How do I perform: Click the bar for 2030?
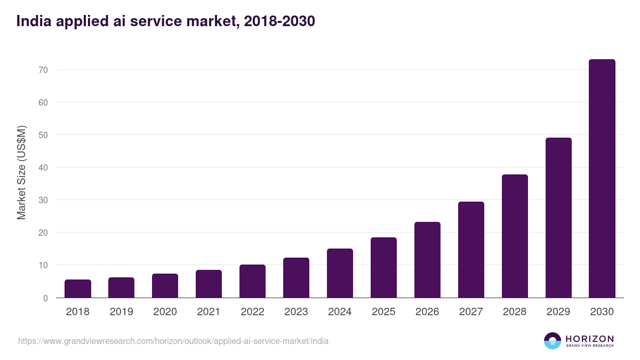coord(602,179)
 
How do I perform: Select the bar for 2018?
coord(78,289)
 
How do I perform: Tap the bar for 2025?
coord(384,268)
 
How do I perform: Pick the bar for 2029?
coord(558,218)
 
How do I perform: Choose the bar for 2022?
coord(253,281)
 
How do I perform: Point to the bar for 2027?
coord(471,250)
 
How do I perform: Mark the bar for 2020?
coord(165,286)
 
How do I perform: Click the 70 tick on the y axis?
coord(43,70)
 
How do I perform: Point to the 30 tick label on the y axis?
coord(43,200)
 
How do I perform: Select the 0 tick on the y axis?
coord(46,298)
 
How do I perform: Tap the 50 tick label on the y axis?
coord(43,135)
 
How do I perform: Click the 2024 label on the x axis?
coord(340,312)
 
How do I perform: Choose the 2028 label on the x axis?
coord(515,312)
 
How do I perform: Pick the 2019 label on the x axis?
coord(122,312)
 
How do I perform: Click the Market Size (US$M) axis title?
coord(21,172)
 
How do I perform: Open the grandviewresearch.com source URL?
coord(173,341)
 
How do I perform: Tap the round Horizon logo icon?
coord(553,341)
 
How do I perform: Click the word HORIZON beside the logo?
coord(589,339)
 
